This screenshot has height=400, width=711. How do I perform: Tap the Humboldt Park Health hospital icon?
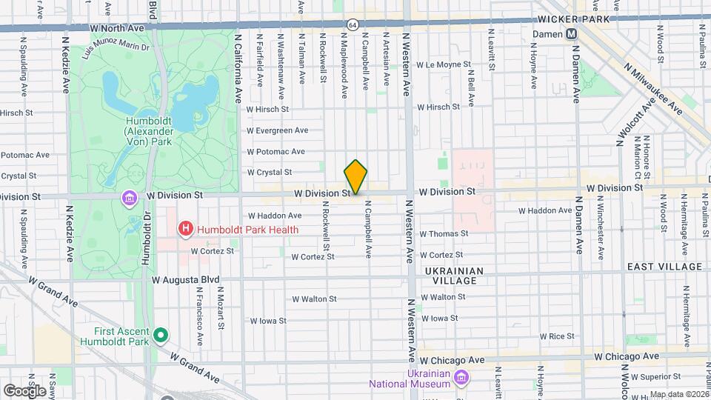point(187,230)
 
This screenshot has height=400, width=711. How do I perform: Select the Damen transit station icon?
point(572,34)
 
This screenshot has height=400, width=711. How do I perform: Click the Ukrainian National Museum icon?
point(461,379)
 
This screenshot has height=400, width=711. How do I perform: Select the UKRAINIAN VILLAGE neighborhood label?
point(455,276)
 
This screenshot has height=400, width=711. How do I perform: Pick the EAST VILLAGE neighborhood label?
point(664,267)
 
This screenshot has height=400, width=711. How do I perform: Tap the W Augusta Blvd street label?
point(186,281)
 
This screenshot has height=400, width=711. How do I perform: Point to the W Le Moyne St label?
point(445,65)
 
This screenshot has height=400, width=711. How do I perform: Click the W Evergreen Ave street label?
point(277,130)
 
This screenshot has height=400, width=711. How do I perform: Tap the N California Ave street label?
point(238,67)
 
